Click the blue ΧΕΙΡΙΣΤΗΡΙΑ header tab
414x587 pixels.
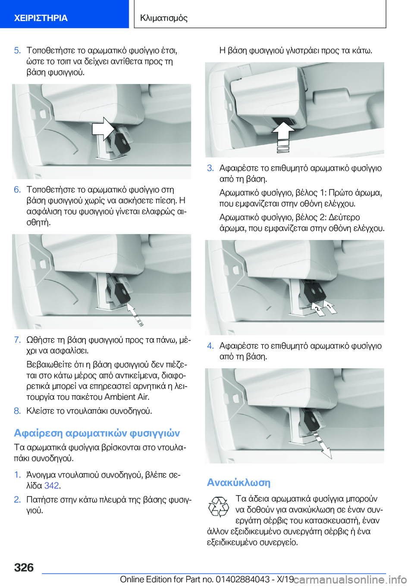64,14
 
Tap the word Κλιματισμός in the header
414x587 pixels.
164,18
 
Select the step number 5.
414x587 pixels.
17,50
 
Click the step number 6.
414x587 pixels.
17,190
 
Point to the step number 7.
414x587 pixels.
17,340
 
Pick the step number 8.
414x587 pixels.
17,411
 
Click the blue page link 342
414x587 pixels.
51,486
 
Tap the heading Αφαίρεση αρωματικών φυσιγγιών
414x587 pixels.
97,433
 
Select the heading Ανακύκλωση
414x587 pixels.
238,482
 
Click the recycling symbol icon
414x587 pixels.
218,507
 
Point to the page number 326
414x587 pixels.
24,568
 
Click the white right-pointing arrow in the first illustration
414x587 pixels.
103,129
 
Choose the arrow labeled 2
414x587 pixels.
317,309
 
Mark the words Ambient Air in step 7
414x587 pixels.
127,397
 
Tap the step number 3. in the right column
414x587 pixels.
210,168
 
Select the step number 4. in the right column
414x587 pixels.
210,346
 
